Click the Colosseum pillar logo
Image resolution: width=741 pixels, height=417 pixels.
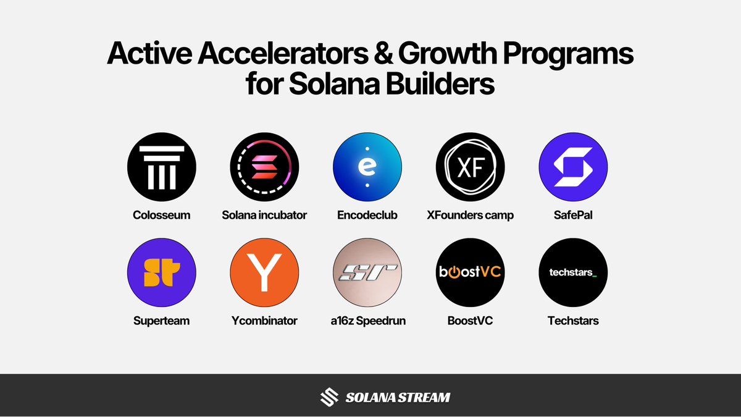[x=162, y=166]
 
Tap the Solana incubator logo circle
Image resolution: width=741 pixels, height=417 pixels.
[x=264, y=166]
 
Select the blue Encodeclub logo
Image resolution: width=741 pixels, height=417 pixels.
[x=367, y=166]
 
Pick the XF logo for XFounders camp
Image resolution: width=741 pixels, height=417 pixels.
[x=471, y=166]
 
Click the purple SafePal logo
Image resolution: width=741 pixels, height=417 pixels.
[x=573, y=166]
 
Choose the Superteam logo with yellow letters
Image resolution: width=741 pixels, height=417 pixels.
[x=162, y=272]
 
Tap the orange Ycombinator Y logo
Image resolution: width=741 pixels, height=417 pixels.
[x=264, y=272]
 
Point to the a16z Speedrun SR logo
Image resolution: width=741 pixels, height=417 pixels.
[x=367, y=272]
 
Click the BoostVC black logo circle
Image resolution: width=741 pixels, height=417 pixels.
[x=471, y=272]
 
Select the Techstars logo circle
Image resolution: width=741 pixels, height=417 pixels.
[x=573, y=272]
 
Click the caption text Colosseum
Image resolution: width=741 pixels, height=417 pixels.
[x=162, y=216]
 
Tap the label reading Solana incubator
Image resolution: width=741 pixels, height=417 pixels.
[x=264, y=216]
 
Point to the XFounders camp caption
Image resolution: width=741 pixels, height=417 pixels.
[x=471, y=216]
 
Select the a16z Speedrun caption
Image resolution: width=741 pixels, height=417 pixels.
[x=367, y=321]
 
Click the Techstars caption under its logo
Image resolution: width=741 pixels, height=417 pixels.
[x=573, y=321]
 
